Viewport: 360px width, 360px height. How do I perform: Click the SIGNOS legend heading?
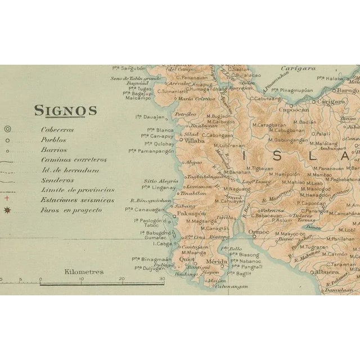65,110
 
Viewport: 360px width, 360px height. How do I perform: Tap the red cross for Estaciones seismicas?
7,199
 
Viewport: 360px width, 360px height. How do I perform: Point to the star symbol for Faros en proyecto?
7,210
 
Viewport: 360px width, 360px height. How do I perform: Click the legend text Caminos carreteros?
73,160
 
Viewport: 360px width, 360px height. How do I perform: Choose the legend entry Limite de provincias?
78,190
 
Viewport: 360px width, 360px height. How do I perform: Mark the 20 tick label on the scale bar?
122,279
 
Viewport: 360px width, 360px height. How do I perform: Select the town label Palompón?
190,214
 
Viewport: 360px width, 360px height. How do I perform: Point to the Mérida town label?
215,262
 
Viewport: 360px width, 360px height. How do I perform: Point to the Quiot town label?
187,260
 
